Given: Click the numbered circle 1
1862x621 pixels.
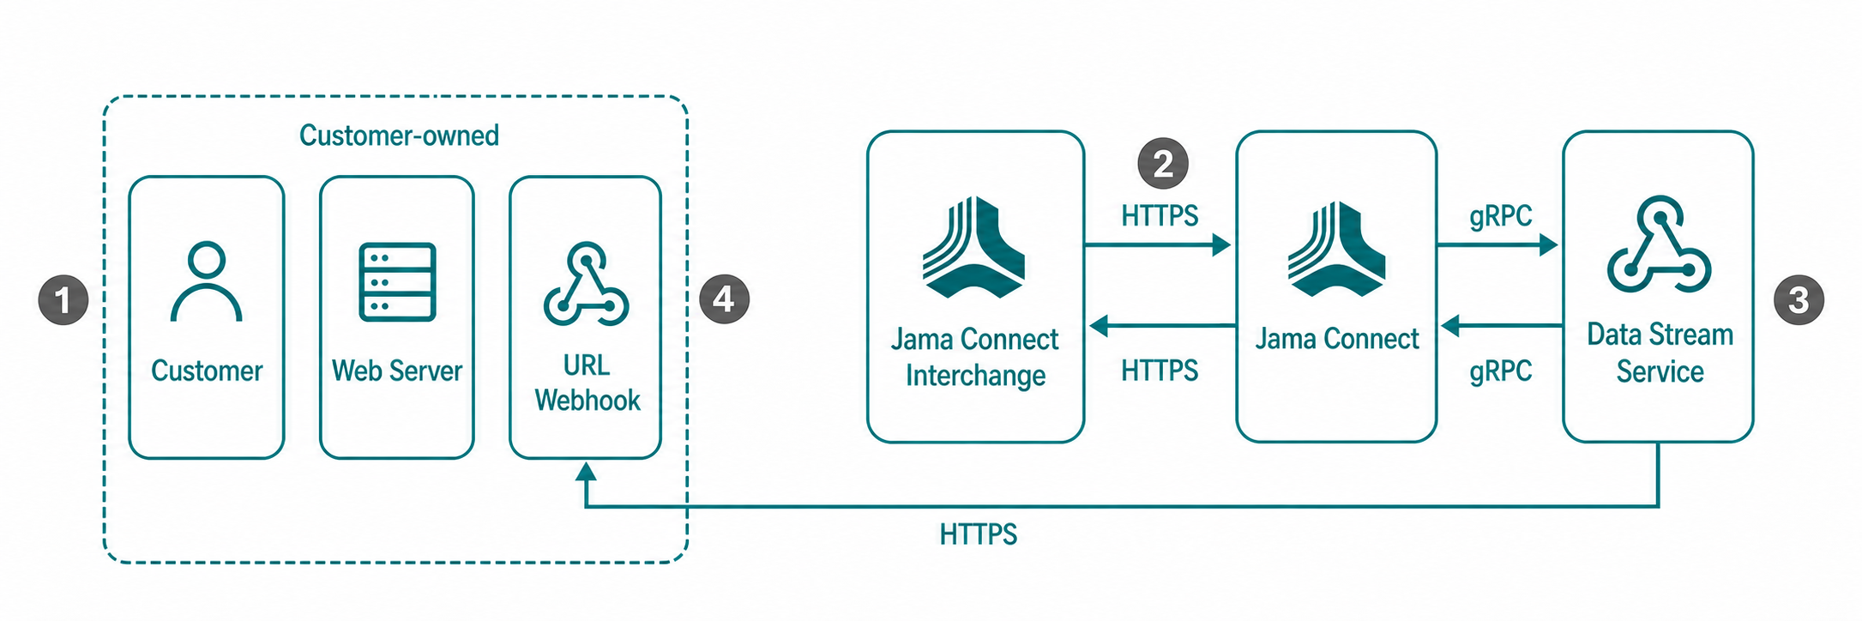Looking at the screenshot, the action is point(63,300).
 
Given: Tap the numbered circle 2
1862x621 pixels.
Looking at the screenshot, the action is point(1163,163).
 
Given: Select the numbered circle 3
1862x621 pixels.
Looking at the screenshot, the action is point(1799,300).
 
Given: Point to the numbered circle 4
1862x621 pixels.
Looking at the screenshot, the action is point(724,299).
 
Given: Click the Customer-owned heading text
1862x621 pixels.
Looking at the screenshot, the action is point(399,136).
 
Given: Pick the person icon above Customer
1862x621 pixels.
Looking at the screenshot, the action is point(207,282).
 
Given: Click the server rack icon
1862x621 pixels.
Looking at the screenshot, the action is point(397,282).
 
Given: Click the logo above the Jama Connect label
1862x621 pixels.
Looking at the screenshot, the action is point(1336,249).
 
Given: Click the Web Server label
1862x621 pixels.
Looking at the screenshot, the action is point(397,371).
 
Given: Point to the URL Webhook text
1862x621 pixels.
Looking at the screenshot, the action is point(588,383).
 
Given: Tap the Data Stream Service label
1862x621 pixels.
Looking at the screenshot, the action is point(1660,353).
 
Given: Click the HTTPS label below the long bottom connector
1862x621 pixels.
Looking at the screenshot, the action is point(979,534).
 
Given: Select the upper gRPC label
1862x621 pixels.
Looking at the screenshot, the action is point(1501,215).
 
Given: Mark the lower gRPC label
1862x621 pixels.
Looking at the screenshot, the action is point(1501,371).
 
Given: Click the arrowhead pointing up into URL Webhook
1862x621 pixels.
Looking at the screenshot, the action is point(586,471).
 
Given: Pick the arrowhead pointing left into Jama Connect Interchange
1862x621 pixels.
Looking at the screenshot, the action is point(1099,326).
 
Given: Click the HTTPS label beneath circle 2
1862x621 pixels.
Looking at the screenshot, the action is point(1160,215).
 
